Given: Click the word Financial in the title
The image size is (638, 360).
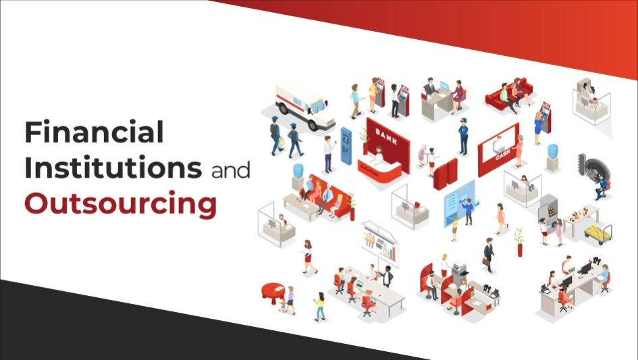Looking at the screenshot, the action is coord(94,131).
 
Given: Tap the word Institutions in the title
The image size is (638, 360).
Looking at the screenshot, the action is coord(113,167).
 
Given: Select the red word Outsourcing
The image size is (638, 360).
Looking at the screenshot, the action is coord(120,203).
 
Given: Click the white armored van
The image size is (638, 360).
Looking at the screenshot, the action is coord(305,105).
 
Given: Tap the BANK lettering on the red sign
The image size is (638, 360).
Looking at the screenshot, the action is coord(386,136).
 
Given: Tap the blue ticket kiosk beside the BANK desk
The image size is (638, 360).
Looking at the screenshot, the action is coord(346,146).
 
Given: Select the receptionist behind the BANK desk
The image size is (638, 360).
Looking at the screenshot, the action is coord(379,155).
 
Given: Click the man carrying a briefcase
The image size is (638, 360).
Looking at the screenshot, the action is coord(488,255).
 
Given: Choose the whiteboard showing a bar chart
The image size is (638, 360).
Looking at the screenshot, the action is coord(381,244).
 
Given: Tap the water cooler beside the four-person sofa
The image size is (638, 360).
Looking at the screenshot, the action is coord(298,177).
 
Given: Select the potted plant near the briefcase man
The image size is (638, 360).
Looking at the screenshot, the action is coord(519,242).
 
